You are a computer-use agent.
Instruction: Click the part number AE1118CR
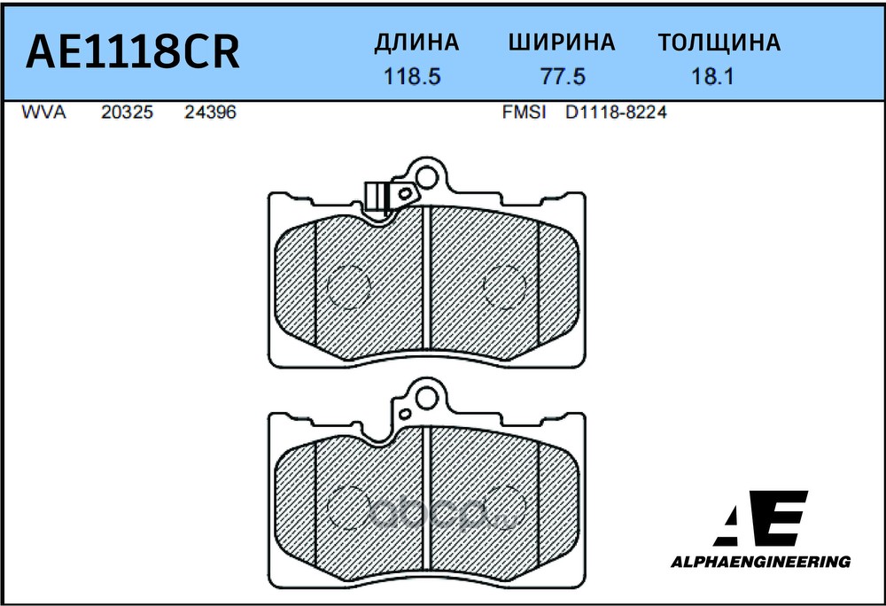tap(133, 53)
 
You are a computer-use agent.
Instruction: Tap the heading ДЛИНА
tap(416, 43)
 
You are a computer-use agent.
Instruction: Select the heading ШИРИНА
tap(562, 43)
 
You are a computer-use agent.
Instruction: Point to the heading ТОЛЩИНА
tap(719, 43)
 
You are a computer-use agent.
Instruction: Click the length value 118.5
tap(412, 77)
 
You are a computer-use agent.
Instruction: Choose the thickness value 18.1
tap(711, 77)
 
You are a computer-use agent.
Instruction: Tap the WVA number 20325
tap(128, 113)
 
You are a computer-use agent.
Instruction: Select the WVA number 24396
tap(210, 113)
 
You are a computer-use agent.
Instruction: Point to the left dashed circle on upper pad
tap(347, 286)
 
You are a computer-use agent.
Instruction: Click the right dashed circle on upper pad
tap(505, 286)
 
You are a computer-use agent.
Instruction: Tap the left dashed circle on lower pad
tap(347, 508)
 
